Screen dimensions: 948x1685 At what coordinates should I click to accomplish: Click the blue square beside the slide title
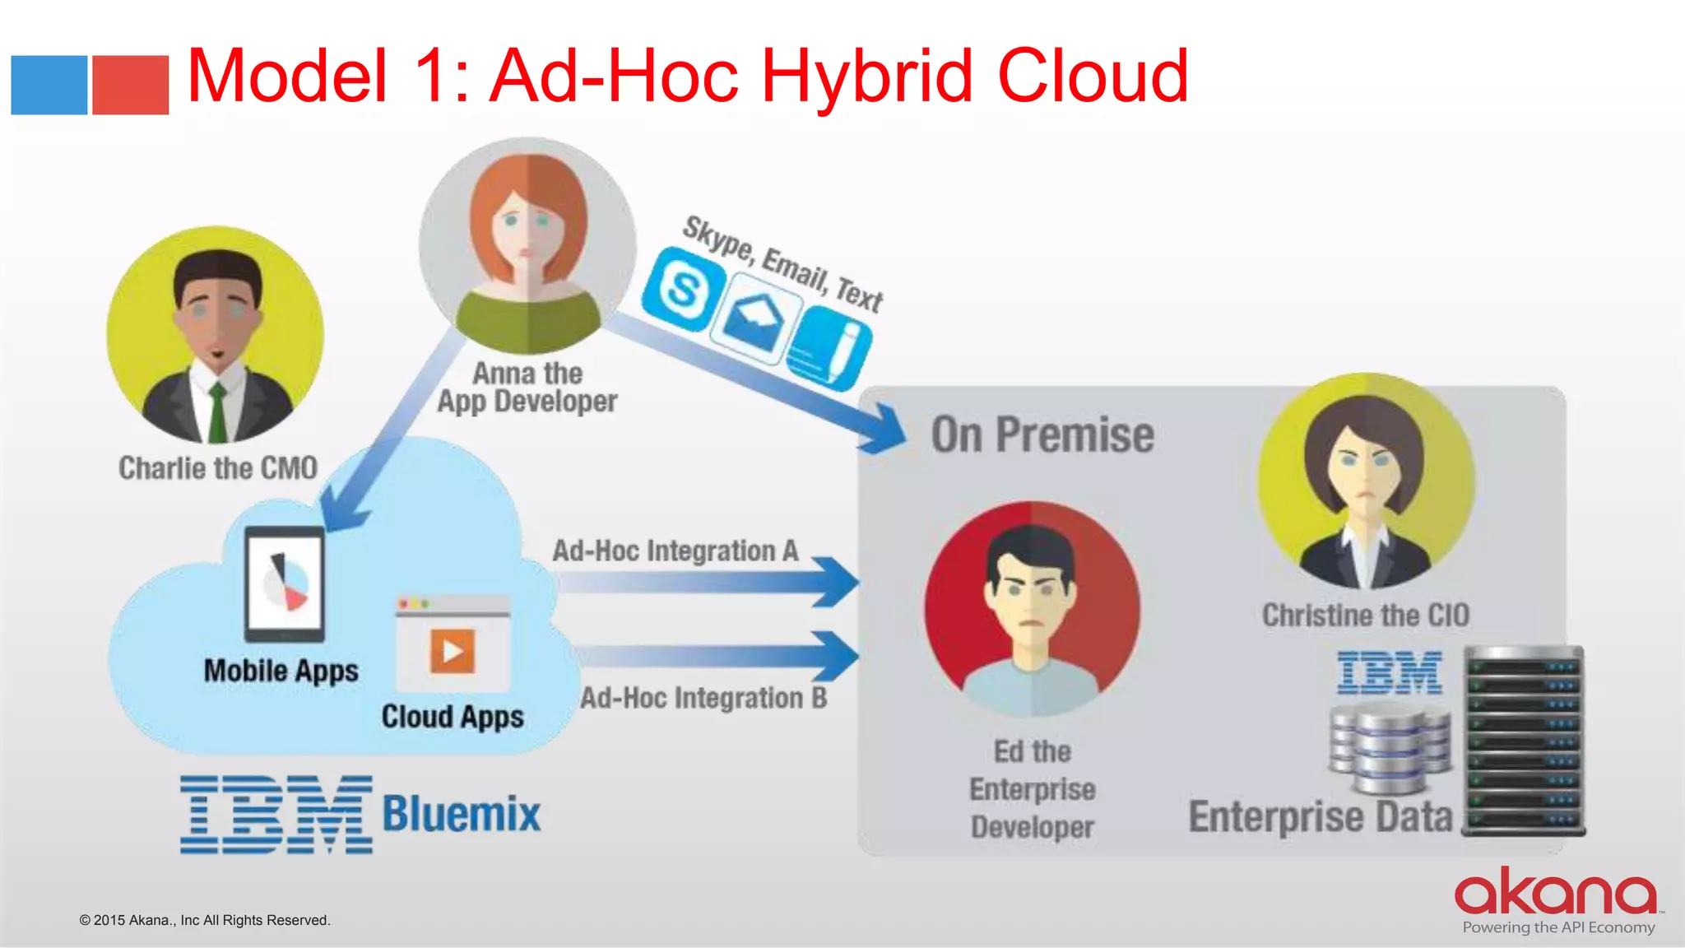pyautogui.click(x=49, y=85)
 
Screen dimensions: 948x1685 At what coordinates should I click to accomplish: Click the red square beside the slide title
pyautogui.click(x=130, y=85)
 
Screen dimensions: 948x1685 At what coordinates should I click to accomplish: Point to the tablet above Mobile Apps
pyautogui.click(x=285, y=583)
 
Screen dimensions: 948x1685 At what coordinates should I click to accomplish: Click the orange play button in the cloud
pyautogui.click(x=453, y=651)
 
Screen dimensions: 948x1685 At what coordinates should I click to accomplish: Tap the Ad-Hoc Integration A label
pyautogui.click(x=675, y=551)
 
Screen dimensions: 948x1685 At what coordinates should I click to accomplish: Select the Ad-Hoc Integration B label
pyautogui.click(x=703, y=698)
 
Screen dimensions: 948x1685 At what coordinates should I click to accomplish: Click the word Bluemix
pyautogui.click(x=462, y=814)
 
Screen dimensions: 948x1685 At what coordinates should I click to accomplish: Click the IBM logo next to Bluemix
pyautogui.click(x=276, y=814)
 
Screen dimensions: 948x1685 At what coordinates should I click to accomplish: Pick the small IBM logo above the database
pyautogui.click(x=1390, y=672)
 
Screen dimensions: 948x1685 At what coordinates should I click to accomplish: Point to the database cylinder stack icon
pyautogui.click(x=1390, y=748)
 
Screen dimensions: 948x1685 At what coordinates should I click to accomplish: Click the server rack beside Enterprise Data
pyautogui.click(x=1525, y=741)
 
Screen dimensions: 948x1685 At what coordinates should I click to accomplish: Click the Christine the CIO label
pyautogui.click(x=1366, y=615)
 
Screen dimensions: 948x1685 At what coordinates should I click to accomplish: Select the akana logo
pyautogui.click(x=1555, y=893)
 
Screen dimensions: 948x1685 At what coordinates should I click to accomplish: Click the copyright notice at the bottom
pyautogui.click(x=205, y=920)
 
